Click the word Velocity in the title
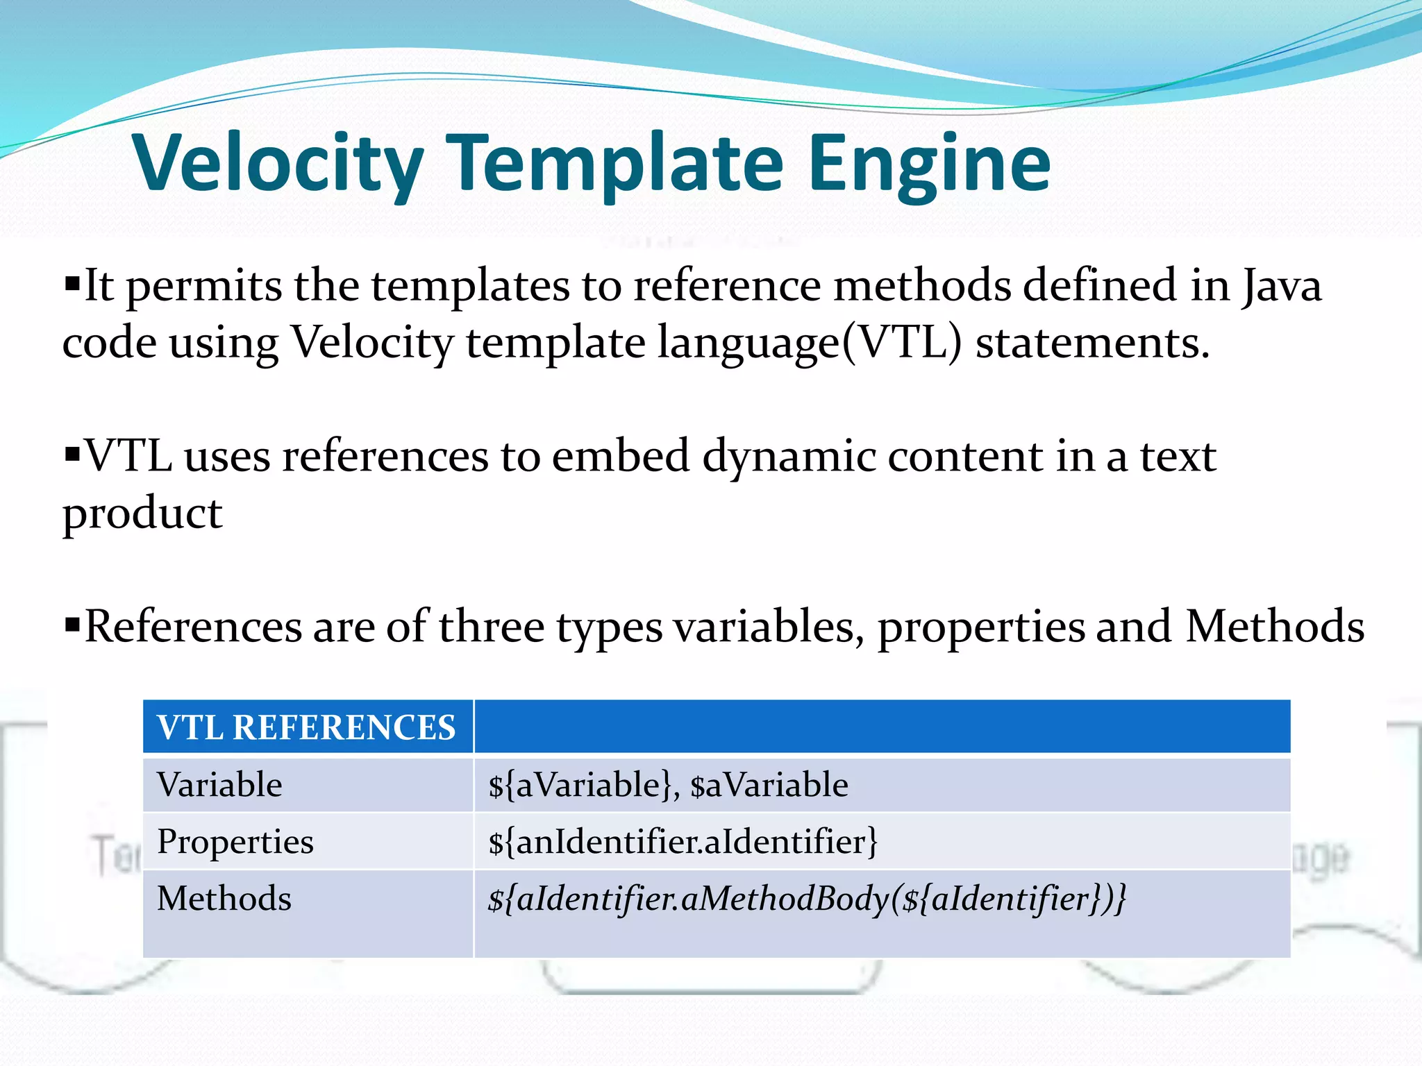tap(278, 164)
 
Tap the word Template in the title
tap(614, 164)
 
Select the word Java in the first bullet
tap(1282, 286)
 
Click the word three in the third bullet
tap(491, 627)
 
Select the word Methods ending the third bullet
tap(1275, 627)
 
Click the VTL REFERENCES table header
tap(306, 727)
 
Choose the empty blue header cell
tap(882, 727)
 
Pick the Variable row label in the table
tap(219, 785)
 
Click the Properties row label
tap(235, 842)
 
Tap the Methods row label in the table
tap(224, 899)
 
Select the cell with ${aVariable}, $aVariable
tap(668, 785)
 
